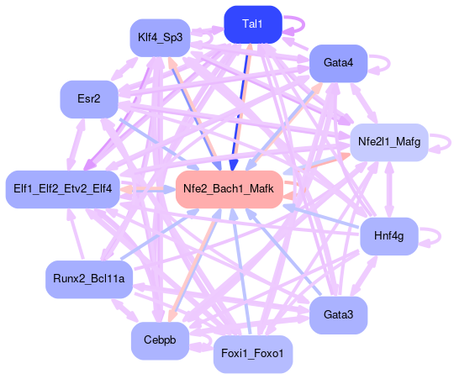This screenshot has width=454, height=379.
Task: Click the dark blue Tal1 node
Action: (253, 24)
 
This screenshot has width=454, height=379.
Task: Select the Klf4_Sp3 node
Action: (160, 38)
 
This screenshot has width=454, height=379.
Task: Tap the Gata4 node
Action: (339, 63)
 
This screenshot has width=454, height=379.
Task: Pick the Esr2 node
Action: (89, 99)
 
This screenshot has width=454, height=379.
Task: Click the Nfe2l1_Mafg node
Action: (389, 142)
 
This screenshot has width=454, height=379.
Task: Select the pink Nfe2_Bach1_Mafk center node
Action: (229, 189)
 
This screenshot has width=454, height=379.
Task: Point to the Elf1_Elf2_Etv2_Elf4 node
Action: (62, 189)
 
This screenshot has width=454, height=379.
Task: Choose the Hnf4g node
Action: (389, 236)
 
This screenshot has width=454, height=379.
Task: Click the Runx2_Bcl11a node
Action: (89, 279)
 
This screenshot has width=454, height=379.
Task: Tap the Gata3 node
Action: (339, 315)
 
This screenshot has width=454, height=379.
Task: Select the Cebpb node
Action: (160, 340)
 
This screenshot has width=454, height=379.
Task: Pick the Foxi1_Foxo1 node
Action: (253, 354)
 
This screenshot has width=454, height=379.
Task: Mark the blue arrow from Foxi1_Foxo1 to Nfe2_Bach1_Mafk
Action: (240, 272)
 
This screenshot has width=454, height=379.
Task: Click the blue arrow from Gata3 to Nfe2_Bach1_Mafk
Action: (283, 252)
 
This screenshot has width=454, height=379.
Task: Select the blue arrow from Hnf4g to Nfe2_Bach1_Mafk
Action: (321, 216)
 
